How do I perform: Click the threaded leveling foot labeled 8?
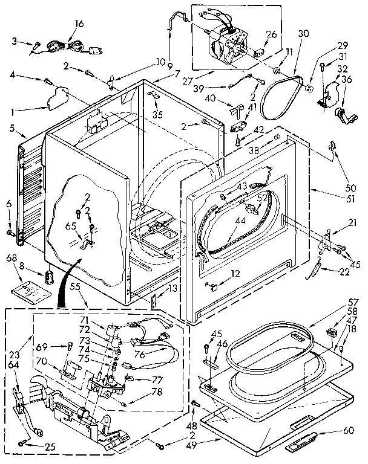[48, 279]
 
